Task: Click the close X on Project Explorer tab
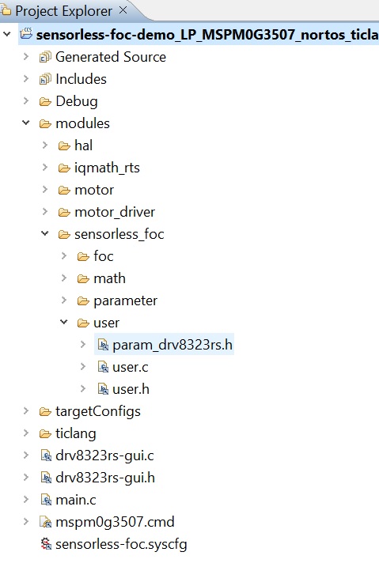(x=123, y=11)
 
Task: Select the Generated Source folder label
(x=110, y=57)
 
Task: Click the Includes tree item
(x=81, y=79)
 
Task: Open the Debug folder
(x=76, y=101)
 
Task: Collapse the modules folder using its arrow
(x=26, y=123)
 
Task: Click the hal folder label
(x=83, y=146)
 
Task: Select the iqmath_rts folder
(x=107, y=168)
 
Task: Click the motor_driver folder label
(x=114, y=212)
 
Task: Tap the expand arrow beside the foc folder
(x=65, y=256)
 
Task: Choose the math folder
(x=109, y=278)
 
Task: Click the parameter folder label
(x=125, y=301)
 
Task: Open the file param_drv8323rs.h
(x=172, y=345)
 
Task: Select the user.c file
(x=131, y=367)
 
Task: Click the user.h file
(x=131, y=389)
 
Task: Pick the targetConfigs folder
(x=97, y=411)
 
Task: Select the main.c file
(x=77, y=500)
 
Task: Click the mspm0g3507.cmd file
(x=114, y=522)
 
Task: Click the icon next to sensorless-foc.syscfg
(x=46, y=544)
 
